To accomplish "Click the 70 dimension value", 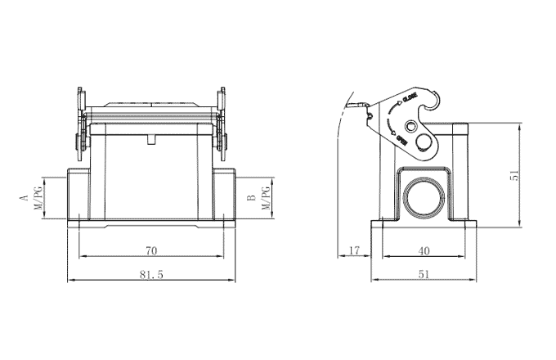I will (x=151, y=250).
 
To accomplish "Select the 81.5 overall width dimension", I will (x=151, y=276).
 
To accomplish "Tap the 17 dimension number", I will (x=353, y=250).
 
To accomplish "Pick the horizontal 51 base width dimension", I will (x=423, y=276).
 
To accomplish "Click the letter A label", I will (x=25, y=198).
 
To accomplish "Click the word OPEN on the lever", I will (x=402, y=138).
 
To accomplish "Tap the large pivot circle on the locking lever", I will (x=425, y=145).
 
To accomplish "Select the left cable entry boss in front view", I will (x=75, y=194).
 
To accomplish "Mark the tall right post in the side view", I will (x=461, y=172).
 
